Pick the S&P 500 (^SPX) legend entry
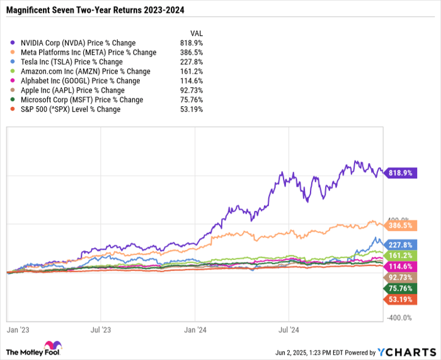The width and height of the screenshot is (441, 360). pos(72,110)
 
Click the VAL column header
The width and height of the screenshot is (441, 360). pos(196,33)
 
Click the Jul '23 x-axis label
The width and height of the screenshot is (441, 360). pos(101,329)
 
